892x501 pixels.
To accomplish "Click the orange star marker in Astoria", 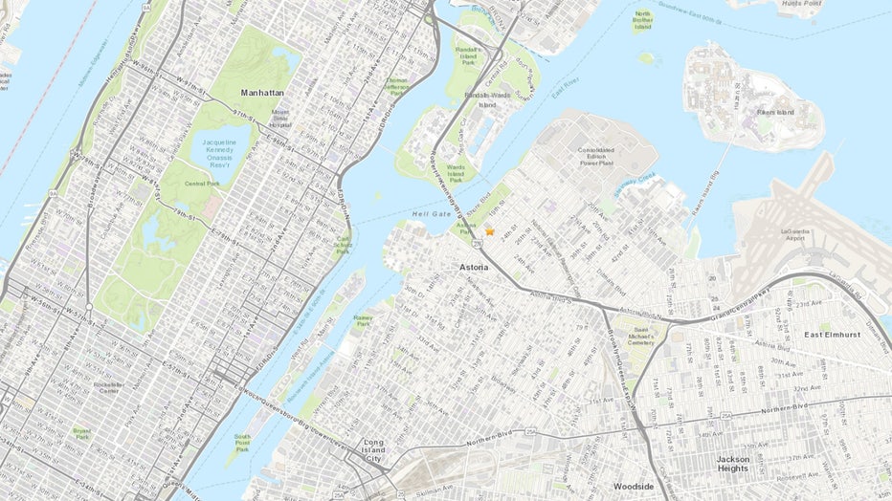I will pos(489,231).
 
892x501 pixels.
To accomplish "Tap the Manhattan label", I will pos(260,93).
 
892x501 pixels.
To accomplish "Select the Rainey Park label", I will pos(362,323).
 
